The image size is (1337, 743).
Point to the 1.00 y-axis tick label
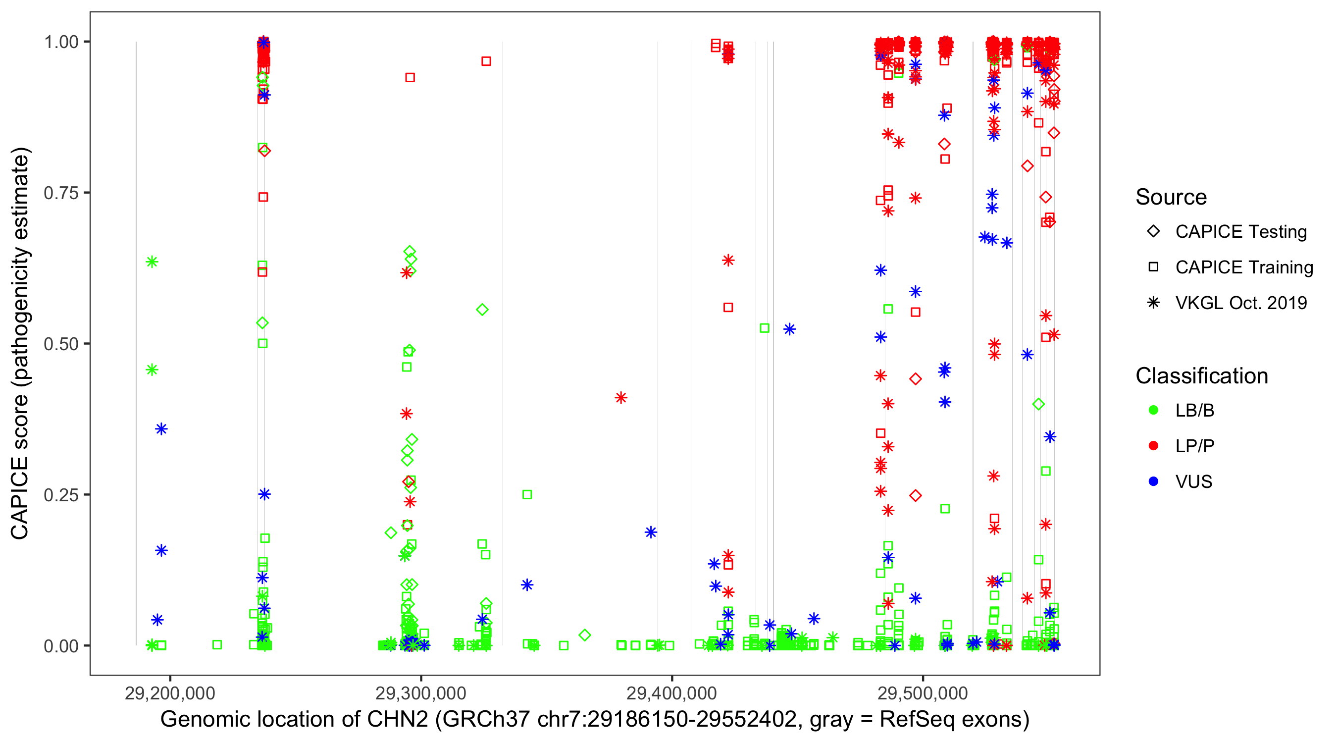pyautogui.click(x=61, y=42)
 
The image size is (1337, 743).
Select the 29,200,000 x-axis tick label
pyautogui.click(x=170, y=693)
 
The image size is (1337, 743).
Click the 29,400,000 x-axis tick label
pyautogui.click(x=671, y=693)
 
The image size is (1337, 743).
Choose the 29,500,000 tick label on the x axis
pyautogui.click(x=923, y=693)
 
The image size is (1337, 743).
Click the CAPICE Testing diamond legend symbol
pyautogui.click(x=1153, y=232)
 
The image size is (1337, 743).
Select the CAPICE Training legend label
pyautogui.click(x=1243, y=267)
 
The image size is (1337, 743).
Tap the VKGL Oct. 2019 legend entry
pyautogui.click(x=1240, y=303)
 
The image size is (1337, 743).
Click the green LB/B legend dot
pyautogui.click(x=1153, y=410)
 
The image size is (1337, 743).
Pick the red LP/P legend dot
pyautogui.click(x=1153, y=446)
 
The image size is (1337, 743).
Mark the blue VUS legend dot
pyautogui.click(x=1153, y=482)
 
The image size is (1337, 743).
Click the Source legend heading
pyautogui.click(x=1171, y=197)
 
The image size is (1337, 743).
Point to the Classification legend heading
pyautogui.click(x=1201, y=376)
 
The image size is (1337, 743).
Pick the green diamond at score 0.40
pyautogui.click(x=1038, y=404)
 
